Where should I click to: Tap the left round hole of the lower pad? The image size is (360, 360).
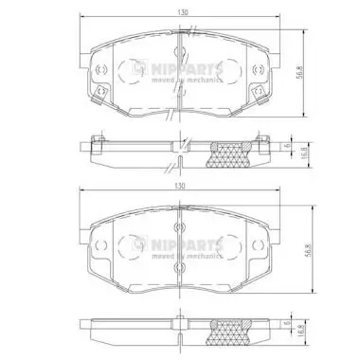[100, 249]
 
